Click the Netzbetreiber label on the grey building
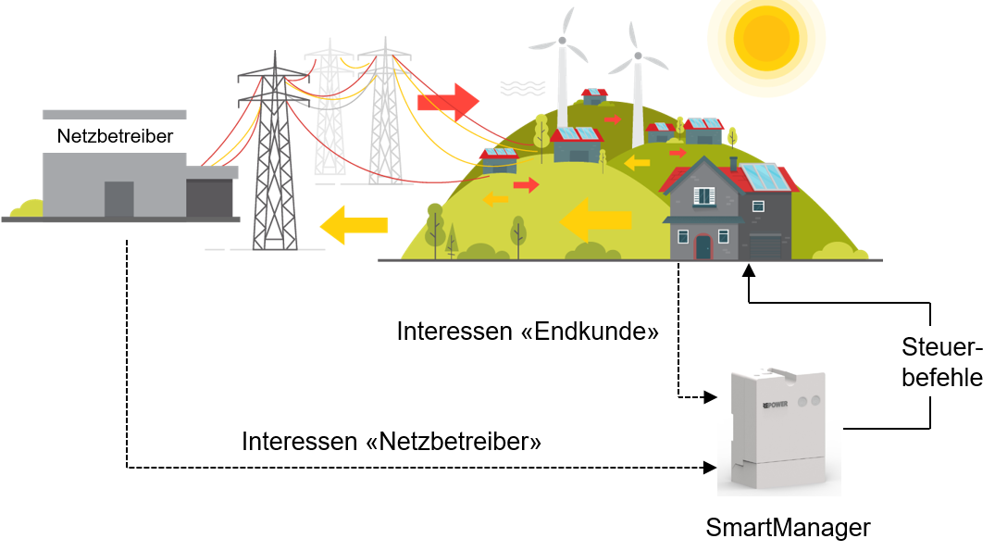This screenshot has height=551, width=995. click(115, 136)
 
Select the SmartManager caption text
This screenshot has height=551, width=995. click(788, 528)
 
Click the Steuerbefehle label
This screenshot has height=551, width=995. click(941, 363)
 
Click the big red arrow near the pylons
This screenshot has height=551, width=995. click(448, 100)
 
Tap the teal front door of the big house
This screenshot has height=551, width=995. click(703, 246)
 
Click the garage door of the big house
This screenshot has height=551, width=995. click(765, 247)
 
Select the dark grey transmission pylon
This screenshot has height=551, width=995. click(274, 157)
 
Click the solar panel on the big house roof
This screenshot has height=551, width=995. click(764, 176)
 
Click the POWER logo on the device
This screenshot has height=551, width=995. click(775, 406)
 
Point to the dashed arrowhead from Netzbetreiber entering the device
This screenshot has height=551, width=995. click(711, 468)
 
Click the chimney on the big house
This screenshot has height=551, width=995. click(733, 164)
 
